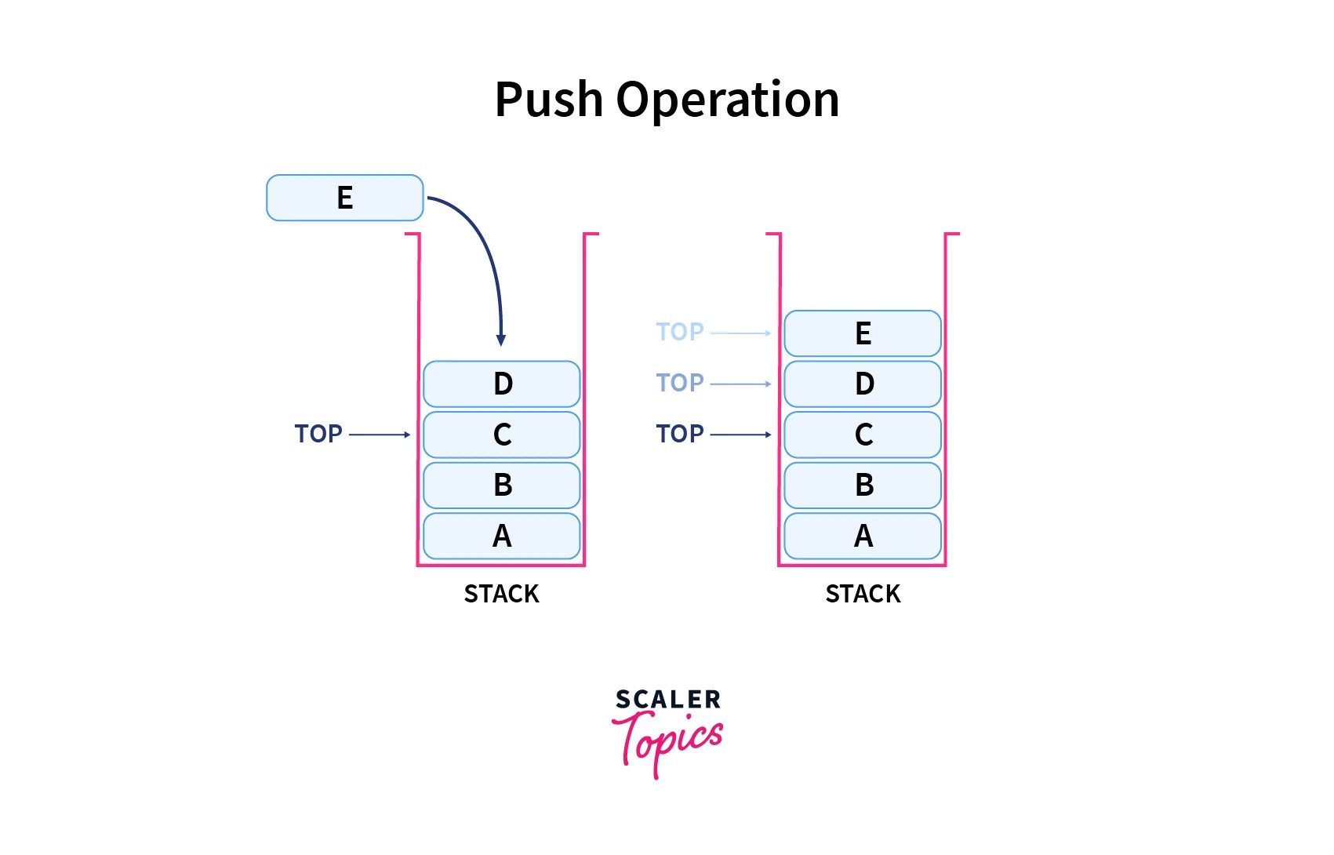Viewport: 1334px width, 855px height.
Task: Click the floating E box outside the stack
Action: pos(344,198)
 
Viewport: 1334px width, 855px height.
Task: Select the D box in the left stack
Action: pos(501,384)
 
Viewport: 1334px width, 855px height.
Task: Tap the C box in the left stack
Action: pos(501,435)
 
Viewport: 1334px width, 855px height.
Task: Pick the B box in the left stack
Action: pos(501,485)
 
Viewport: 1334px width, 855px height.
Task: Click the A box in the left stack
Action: pos(501,536)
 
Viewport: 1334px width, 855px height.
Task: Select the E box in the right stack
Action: pos(862,333)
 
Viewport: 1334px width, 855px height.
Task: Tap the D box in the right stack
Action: pos(862,384)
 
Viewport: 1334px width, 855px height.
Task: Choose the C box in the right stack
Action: pos(862,435)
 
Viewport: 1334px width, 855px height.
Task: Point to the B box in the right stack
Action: pos(862,485)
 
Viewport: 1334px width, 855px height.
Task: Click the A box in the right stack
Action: pos(862,536)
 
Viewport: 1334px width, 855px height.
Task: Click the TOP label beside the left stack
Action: pos(318,434)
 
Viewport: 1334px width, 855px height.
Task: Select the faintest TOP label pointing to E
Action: pos(680,332)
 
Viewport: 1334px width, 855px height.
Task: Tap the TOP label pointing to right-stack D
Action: pos(680,383)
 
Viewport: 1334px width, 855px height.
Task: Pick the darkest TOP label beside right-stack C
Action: pos(680,434)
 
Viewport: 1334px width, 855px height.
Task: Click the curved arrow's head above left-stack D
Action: pos(501,340)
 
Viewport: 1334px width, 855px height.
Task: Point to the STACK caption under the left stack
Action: pos(501,594)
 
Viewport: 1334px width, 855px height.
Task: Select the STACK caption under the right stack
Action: pos(863,594)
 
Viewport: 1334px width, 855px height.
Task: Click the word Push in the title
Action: pos(548,100)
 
